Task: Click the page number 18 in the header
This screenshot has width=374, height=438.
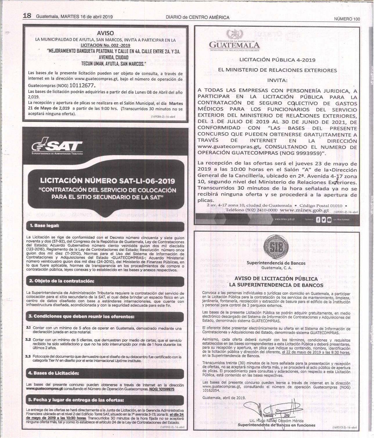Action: [x=27, y=16]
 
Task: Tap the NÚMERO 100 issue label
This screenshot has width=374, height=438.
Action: [x=347, y=19]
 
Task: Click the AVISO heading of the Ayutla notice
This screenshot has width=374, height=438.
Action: [x=105, y=33]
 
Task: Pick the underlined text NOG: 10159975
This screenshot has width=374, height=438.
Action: [x=162, y=389]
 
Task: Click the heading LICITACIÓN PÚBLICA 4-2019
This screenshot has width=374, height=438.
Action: [x=277, y=60]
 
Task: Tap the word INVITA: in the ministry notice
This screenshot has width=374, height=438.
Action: [x=277, y=80]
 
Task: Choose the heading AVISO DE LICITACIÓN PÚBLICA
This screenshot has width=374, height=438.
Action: [x=276, y=279]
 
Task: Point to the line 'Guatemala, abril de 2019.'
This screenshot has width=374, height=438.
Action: [x=224, y=398]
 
